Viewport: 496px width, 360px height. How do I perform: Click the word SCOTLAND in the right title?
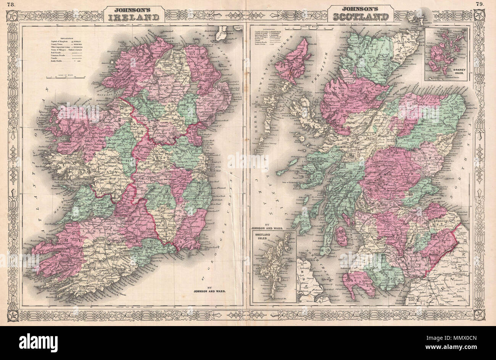pyautogui.click(x=361, y=17)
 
